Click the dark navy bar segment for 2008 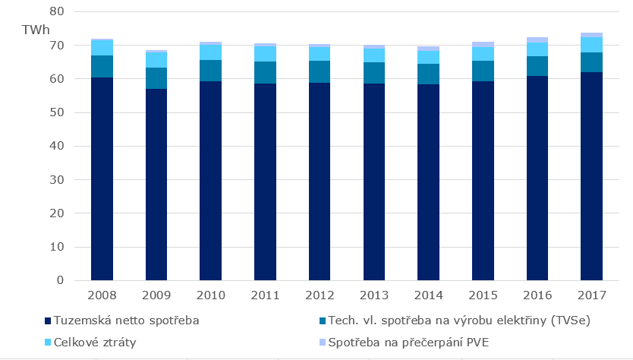[102, 178]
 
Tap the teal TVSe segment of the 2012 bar [320, 71]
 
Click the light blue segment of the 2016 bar [537, 49]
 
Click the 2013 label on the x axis [374, 294]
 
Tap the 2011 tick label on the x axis [265, 294]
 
